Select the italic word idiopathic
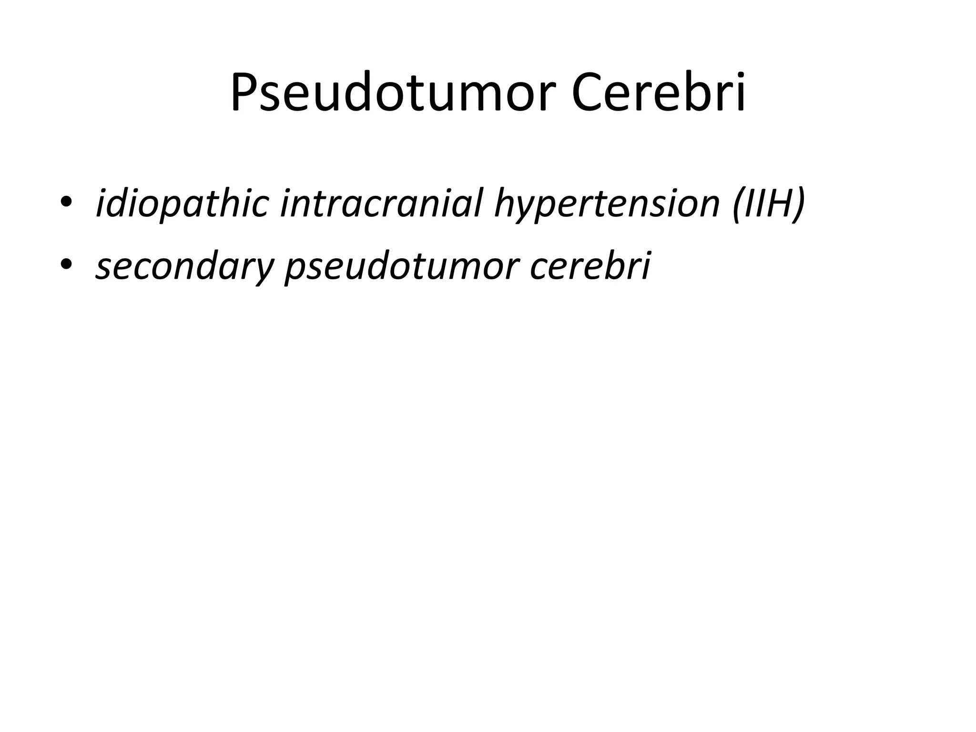[183, 203]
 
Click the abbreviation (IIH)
[768, 203]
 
